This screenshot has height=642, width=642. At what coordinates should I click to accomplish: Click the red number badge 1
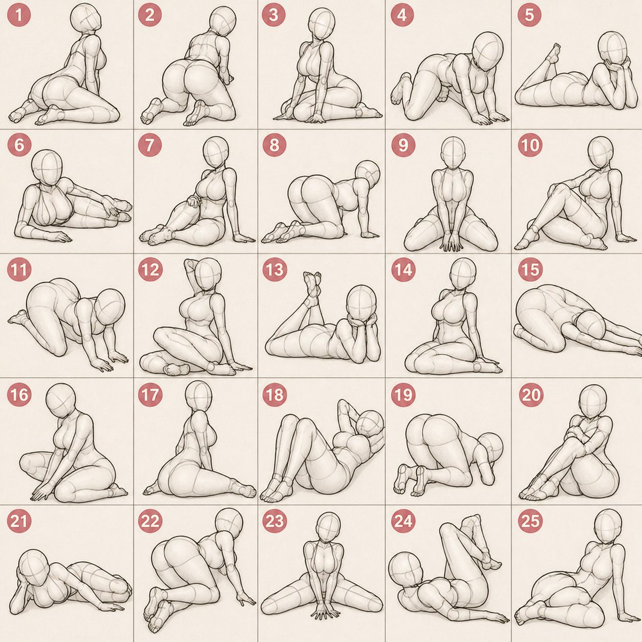tap(19, 15)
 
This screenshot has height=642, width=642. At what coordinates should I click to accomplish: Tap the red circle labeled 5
tap(530, 15)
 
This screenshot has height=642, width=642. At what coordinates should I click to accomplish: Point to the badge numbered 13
tap(274, 270)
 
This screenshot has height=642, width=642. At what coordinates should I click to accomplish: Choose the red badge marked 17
tap(150, 394)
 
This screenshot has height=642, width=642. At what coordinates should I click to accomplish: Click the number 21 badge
tap(19, 521)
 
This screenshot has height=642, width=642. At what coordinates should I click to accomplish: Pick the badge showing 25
tap(530, 521)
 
